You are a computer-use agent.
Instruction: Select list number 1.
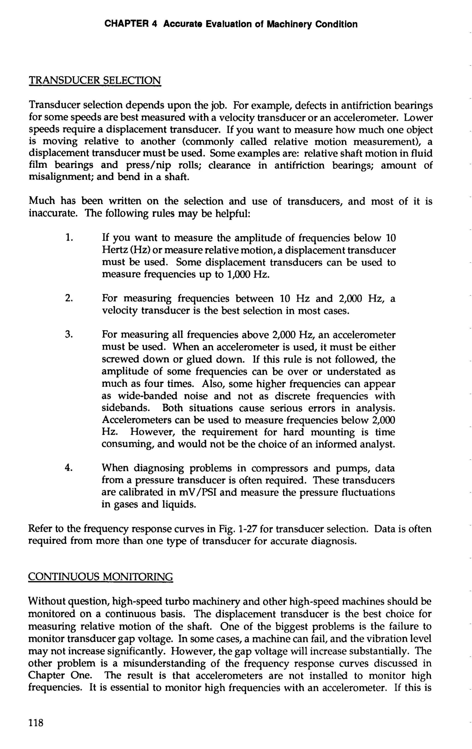pos(69,238)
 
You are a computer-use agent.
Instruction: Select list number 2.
pos(69,299)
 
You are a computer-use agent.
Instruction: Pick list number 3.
pos(69,335)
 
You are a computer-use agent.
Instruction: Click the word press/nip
pos(148,165)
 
